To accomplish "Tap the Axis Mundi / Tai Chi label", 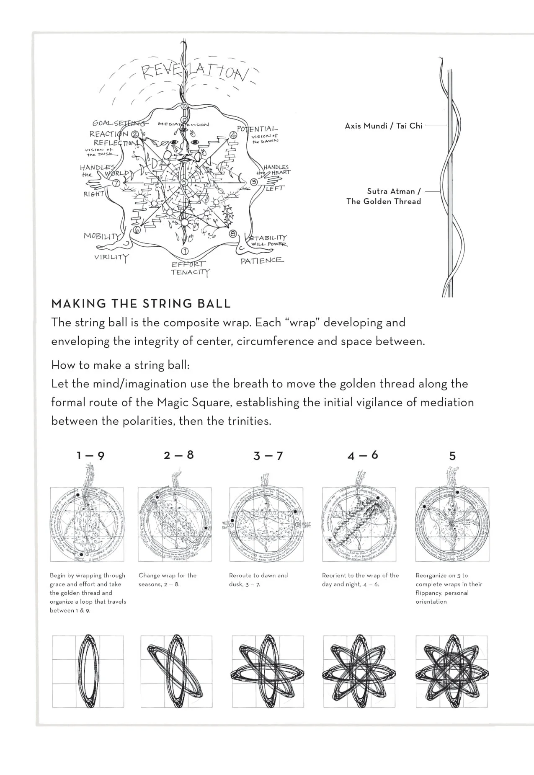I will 384,126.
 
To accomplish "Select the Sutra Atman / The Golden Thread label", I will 384,196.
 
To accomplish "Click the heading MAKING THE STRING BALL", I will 141,304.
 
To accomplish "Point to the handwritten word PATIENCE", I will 262,261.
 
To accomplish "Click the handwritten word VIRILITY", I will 111,257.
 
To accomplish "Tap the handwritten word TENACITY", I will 190,272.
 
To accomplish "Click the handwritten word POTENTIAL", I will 257,129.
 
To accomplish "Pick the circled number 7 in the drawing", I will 116,183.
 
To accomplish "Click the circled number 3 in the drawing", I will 253,182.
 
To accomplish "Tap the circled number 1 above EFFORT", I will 184,251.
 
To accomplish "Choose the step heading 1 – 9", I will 90,455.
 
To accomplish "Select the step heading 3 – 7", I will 268,456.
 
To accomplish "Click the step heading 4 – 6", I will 363,455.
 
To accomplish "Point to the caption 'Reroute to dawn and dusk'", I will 258,580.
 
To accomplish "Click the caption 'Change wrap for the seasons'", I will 167,580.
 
